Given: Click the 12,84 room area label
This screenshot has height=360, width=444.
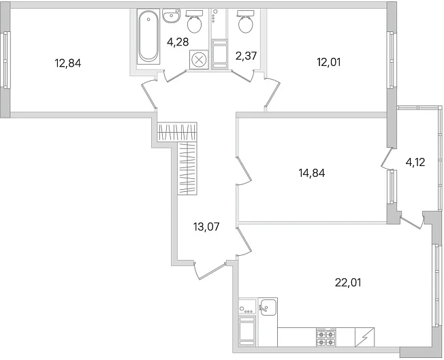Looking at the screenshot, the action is point(68,63).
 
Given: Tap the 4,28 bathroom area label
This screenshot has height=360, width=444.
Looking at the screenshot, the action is point(178,42).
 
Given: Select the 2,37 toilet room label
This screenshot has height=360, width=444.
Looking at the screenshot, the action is point(246,56).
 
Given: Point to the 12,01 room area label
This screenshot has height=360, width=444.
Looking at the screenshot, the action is point(329,62).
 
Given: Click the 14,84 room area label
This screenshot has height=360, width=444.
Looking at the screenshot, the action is point(312,173).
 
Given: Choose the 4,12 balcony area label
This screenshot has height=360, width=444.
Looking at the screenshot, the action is point(415,162).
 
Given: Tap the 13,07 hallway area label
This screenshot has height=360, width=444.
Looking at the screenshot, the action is point(207,227).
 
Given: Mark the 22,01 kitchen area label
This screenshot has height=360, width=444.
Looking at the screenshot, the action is point(348,282).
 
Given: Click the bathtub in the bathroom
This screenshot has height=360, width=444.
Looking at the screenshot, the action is point(148,36).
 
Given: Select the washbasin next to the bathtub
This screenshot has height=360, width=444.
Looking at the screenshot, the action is point(172,16).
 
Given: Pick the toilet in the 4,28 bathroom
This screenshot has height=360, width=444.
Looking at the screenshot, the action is point(195,20).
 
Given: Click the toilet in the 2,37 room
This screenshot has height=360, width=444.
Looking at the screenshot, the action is point(246,21).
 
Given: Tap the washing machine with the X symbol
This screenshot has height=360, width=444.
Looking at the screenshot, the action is point(199,59).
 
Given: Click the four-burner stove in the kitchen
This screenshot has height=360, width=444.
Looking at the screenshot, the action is point(326,338).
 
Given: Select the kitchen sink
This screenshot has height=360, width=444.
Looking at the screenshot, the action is point(268,307).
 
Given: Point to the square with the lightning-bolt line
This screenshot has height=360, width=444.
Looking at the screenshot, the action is point(364,338).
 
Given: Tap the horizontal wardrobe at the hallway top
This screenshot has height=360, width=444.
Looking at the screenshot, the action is point(177,131).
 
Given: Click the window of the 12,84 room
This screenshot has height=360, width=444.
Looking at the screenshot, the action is point(7,59).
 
